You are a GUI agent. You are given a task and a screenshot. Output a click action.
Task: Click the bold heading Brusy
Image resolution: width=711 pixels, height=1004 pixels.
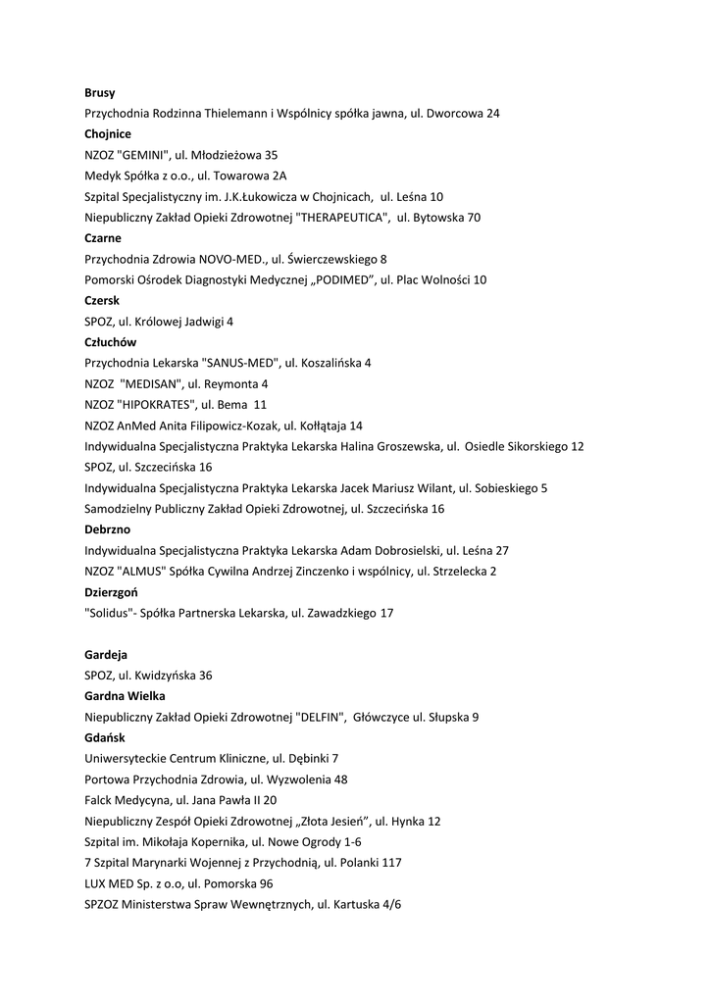(x=100, y=93)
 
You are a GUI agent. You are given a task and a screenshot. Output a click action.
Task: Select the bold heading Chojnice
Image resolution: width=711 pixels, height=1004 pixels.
(x=108, y=134)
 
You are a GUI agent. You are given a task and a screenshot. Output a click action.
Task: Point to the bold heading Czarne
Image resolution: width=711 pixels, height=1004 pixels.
(x=103, y=238)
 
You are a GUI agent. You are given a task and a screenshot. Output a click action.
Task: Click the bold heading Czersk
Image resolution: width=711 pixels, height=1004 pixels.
(x=102, y=301)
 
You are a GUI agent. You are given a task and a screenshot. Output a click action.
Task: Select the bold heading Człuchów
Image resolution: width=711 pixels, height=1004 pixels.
(x=111, y=342)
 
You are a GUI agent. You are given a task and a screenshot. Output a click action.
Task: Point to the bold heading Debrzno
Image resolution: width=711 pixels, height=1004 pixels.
(x=108, y=529)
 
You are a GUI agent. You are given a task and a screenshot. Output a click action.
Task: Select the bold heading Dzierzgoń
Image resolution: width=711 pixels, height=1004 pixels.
(x=111, y=592)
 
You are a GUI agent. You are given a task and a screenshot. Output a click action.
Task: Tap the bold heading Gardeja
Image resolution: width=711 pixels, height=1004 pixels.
(x=106, y=654)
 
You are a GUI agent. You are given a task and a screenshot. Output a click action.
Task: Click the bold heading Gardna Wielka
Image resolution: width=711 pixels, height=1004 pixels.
(x=125, y=695)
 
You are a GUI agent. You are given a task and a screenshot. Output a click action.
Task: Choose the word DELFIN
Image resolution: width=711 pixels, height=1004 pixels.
(x=321, y=717)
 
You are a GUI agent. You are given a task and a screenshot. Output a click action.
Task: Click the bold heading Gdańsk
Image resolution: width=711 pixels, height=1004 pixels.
(x=105, y=737)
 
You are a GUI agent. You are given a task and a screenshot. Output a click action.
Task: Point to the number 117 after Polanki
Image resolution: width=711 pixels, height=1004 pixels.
(x=391, y=863)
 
